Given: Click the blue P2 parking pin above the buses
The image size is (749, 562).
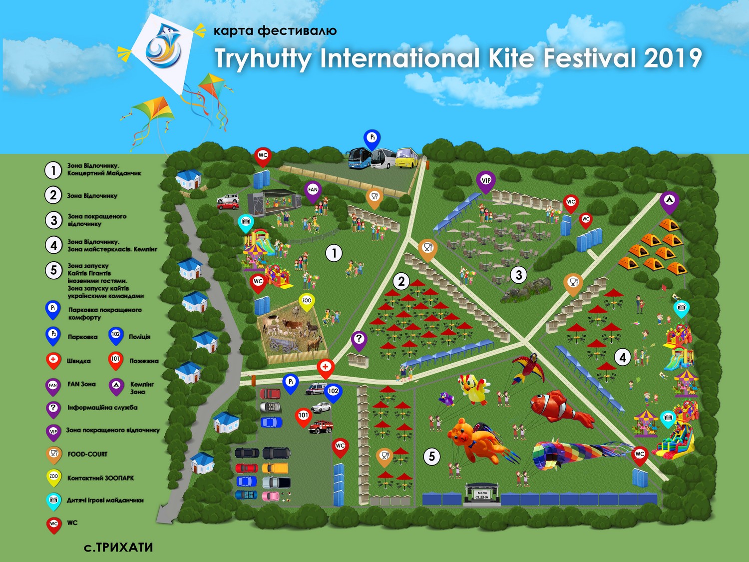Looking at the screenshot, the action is (x=372, y=138).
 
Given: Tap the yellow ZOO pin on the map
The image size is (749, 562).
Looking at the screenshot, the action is (x=306, y=301).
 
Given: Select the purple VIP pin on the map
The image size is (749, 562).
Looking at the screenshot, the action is (x=485, y=181).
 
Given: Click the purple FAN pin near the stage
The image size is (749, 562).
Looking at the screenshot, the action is (x=313, y=190).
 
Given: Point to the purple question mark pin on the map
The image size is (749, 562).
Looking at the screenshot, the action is (x=359, y=340).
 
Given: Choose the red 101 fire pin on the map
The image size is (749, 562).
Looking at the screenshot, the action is (x=303, y=416).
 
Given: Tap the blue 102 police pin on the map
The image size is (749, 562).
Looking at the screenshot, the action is (x=333, y=392).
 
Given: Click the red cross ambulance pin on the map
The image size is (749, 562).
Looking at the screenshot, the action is (x=326, y=368).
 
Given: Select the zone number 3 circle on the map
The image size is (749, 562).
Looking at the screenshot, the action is (x=519, y=274).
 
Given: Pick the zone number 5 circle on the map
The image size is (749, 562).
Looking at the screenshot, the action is (x=432, y=456).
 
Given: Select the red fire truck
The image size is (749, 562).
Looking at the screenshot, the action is (x=321, y=427).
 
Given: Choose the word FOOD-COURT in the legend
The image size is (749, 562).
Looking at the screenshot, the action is (x=87, y=454).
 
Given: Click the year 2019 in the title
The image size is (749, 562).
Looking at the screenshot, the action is (x=673, y=58).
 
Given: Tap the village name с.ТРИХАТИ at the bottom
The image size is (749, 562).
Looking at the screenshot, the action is (x=118, y=548).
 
